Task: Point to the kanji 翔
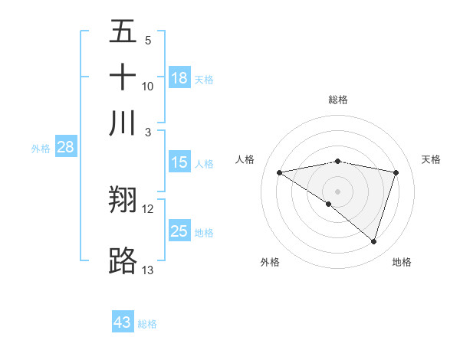point(123,200)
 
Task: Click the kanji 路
point(123,261)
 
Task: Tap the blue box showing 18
point(179,78)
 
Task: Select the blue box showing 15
point(179,162)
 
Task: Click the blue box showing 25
point(179,231)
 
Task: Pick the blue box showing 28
point(65,148)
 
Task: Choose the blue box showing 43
point(123,322)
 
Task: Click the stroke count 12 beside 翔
point(148,208)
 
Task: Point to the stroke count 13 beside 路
point(148,270)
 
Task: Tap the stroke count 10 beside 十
point(148,86)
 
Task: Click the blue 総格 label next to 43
point(147,324)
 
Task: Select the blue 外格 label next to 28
point(41,149)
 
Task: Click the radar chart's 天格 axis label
point(431,159)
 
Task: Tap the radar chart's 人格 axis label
point(245,159)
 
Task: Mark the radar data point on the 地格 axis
point(374,241)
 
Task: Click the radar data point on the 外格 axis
point(329,204)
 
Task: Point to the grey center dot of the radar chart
point(337,191)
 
